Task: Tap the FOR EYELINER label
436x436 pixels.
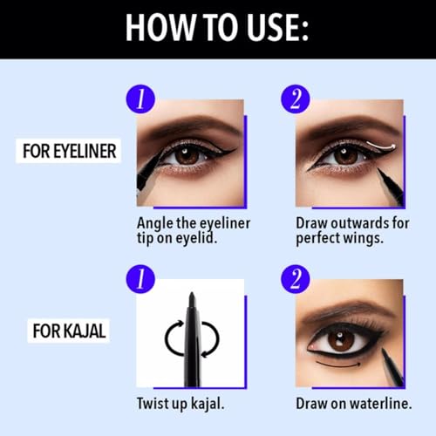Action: click(69, 151)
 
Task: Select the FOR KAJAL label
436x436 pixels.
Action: click(69, 330)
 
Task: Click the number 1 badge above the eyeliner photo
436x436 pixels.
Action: click(140, 99)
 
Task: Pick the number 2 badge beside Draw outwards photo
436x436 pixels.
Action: click(296, 99)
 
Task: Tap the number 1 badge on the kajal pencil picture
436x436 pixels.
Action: click(140, 279)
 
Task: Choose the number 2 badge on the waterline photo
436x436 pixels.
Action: click(296, 279)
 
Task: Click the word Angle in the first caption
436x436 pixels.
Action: click(155, 224)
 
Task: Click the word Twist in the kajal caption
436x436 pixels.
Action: click(152, 403)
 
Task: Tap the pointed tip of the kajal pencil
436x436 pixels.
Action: click(192, 294)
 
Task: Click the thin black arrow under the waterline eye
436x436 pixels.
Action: click(338, 364)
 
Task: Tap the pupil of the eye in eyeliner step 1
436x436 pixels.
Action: click(187, 154)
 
